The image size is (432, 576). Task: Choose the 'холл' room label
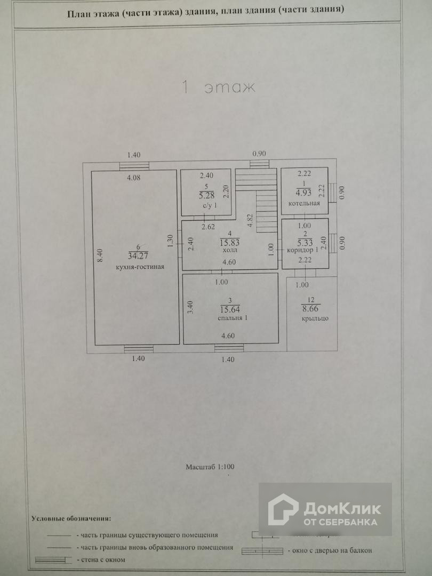230,250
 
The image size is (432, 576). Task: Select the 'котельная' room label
304,203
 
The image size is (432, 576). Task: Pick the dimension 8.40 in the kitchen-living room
99,256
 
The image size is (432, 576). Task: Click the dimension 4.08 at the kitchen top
133,178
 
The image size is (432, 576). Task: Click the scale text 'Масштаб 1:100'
210,466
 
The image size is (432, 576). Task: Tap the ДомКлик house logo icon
283,509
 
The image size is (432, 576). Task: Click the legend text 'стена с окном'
103,559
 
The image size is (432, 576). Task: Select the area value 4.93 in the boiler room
303,193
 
